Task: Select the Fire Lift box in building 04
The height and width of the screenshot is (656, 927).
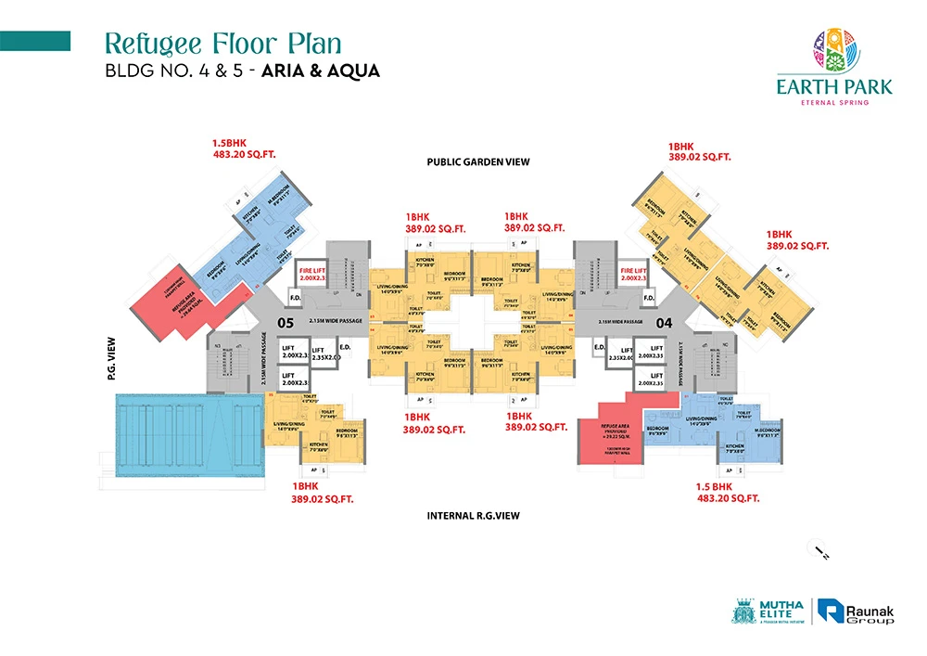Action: pyautogui.click(x=634, y=274)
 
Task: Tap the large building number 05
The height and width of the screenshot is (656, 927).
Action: pyautogui.click(x=286, y=323)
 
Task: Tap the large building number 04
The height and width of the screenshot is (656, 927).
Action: pyautogui.click(x=664, y=323)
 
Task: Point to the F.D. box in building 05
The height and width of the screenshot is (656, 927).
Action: pyautogui.click(x=296, y=298)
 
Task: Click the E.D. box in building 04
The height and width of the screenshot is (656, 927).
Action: pyautogui.click(x=601, y=348)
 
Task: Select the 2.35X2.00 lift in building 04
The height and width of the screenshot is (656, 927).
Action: pyautogui.click(x=620, y=356)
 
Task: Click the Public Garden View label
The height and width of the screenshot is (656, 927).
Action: pyautogui.click(x=477, y=161)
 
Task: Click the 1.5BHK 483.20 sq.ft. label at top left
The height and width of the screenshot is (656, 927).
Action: pyautogui.click(x=245, y=151)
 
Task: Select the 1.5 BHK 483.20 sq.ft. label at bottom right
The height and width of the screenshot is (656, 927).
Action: pyautogui.click(x=728, y=492)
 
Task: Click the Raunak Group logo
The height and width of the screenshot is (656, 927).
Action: pyautogui.click(x=857, y=611)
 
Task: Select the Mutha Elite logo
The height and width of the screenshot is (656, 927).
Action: pyautogui.click(x=769, y=611)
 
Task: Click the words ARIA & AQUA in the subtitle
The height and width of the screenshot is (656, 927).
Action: pyautogui.click(x=323, y=71)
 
